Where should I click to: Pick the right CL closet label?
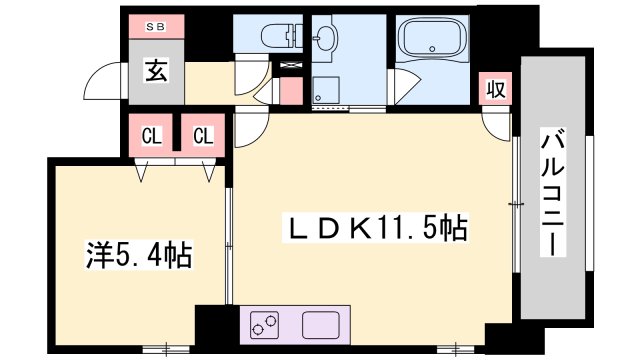(x=203, y=136)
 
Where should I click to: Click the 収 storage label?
(x=494, y=89)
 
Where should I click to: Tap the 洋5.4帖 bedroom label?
(x=137, y=256)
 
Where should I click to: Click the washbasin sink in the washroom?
(x=326, y=39)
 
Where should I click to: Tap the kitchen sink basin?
(x=324, y=326)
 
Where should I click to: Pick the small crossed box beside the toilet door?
(x=291, y=65)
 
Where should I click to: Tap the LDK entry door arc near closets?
(x=250, y=130)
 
